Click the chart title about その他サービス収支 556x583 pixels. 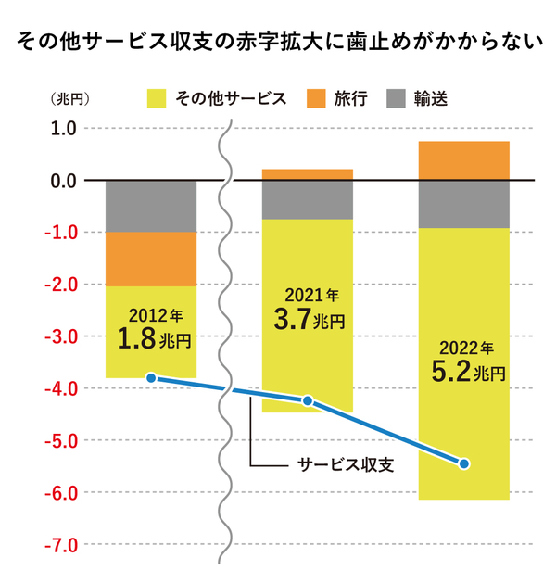pyautogui.click(x=278, y=42)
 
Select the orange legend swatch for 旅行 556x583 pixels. pyautogui.click(x=317, y=97)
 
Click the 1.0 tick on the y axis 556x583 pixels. pyautogui.click(x=61, y=128)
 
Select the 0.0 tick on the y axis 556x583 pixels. pyautogui.click(x=61, y=180)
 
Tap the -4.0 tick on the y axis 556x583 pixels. pyautogui.click(x=58, y=388)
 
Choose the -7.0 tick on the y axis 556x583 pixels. pyautogui.click(x=58, y=544)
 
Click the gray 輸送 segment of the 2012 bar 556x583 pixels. pyautogui.click(x=151, y=206)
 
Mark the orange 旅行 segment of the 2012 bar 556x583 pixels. pyautogui.click(x=151, y=259)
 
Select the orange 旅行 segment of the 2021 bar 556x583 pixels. pyautogui.click(x=308, y=174)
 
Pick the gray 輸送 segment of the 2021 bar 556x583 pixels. pyautogui.click(x=308, y=199)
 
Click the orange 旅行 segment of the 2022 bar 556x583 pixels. pyautogui.click(x=464, y=160)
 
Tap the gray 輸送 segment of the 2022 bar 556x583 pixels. pyautogui.click(x=464, y=204)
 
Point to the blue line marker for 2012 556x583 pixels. pyautogui.click(x=151, y=378)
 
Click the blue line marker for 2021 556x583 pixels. pyautogui.click(x=308, y=400)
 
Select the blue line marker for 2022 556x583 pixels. pyautogui.click(x=464, y=463)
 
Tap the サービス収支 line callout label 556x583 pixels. pyautogui.click(x=346, y=463)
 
